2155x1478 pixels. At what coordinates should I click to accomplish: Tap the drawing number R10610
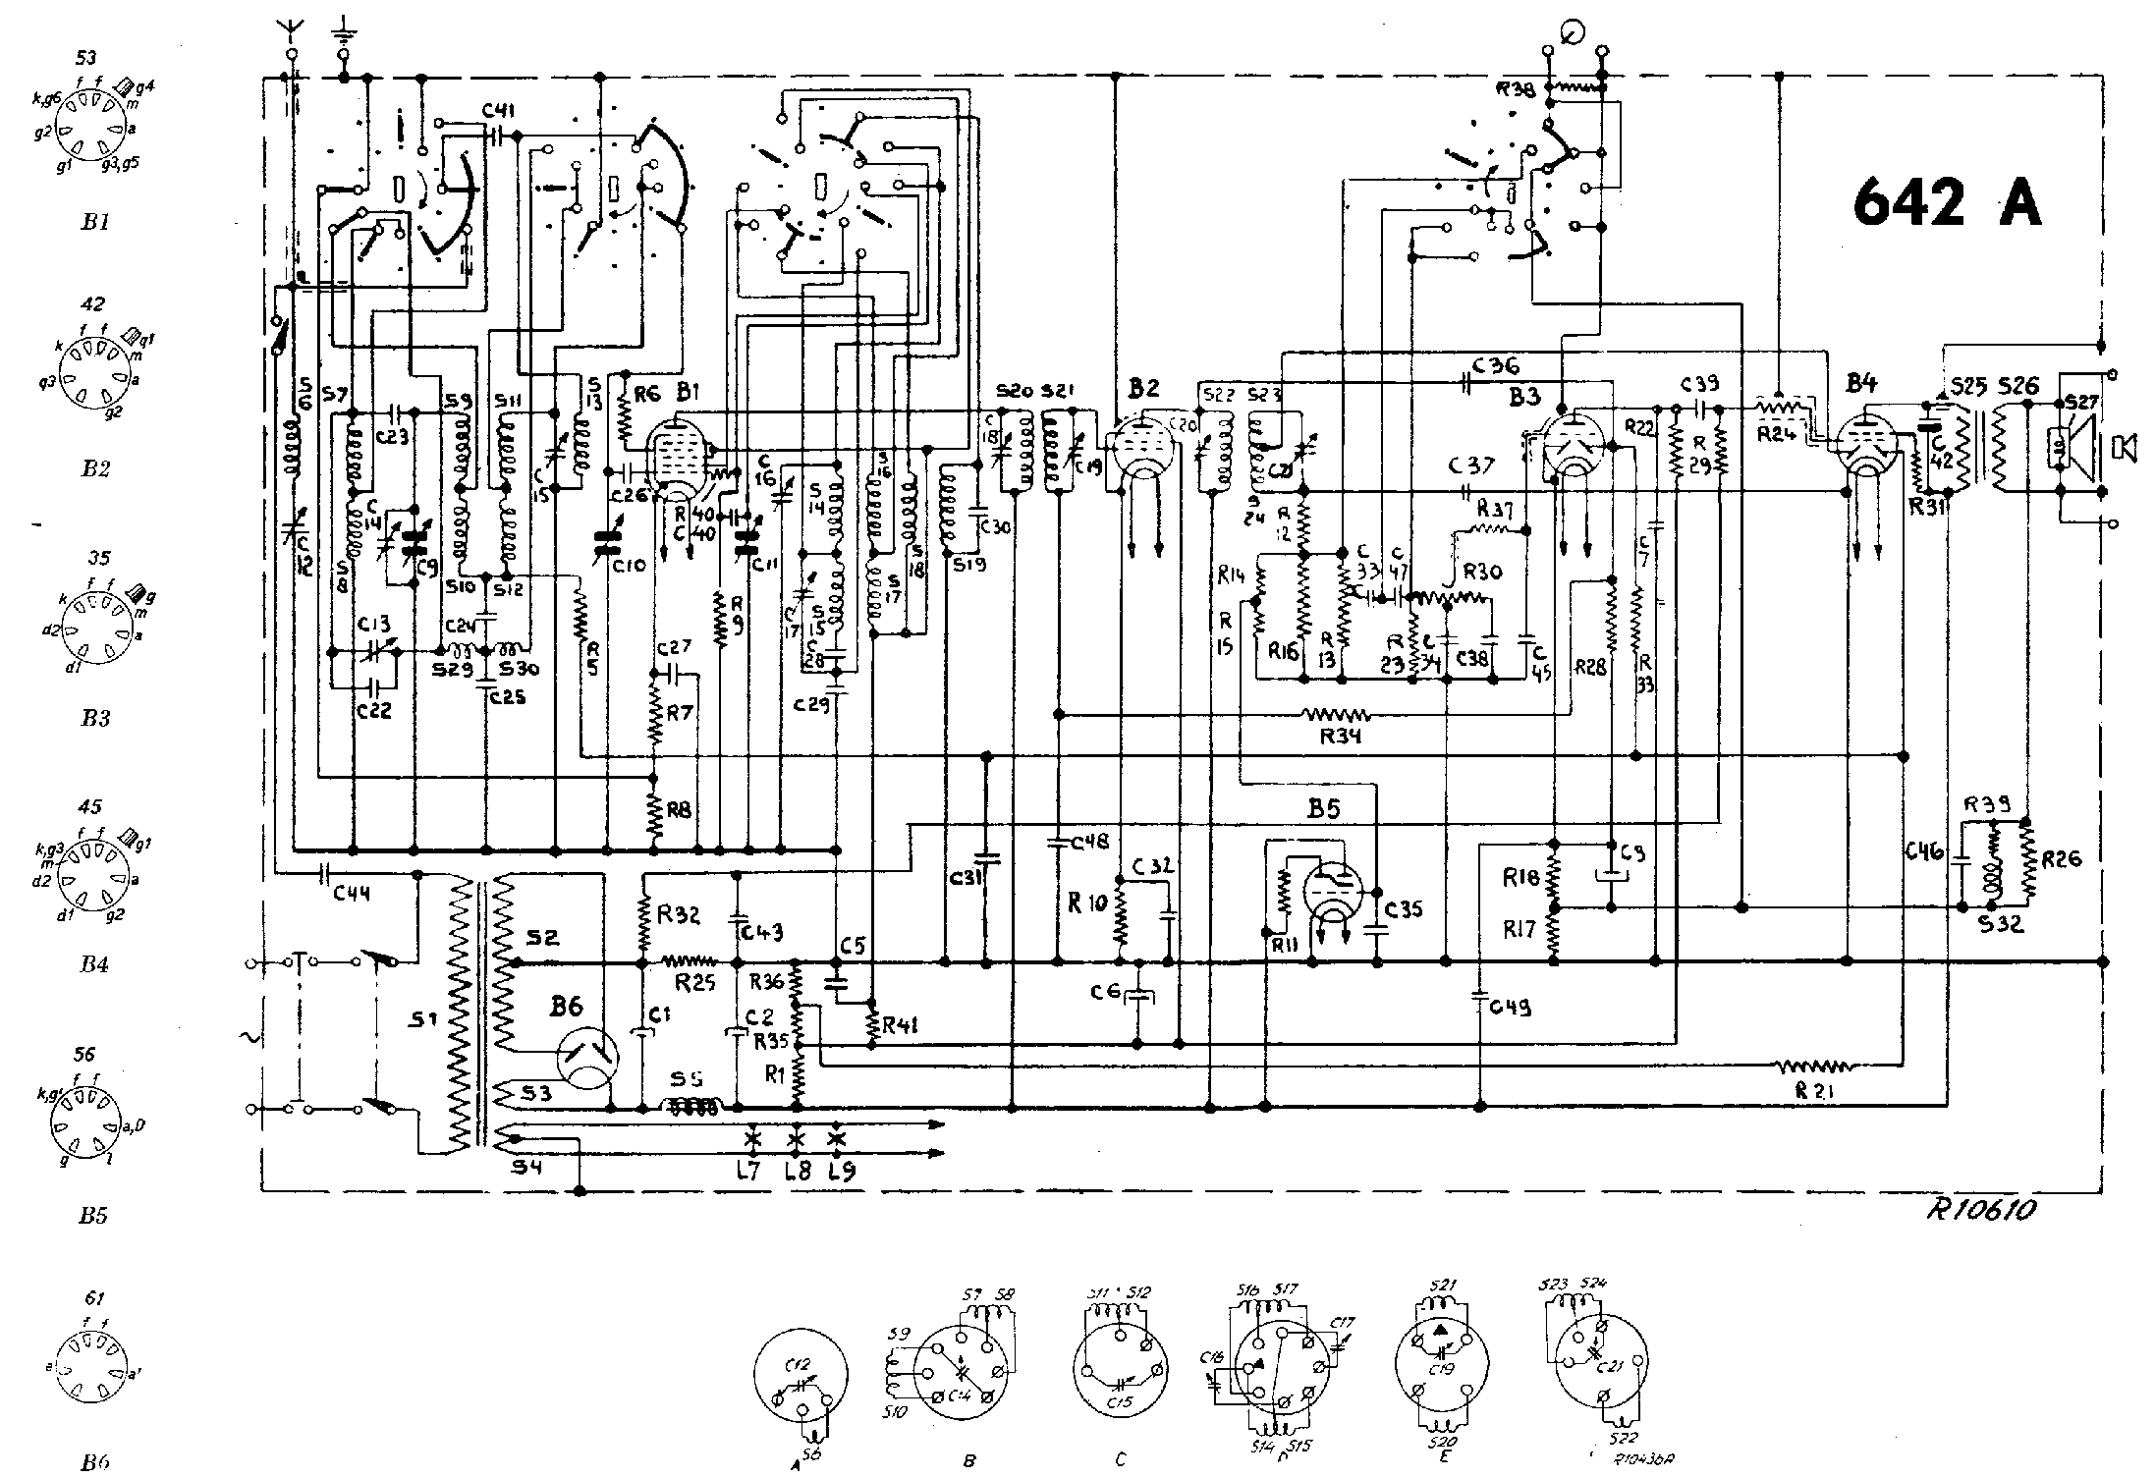1974,1209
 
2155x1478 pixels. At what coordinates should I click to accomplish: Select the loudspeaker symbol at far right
2124,447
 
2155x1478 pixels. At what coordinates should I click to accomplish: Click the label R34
1340,736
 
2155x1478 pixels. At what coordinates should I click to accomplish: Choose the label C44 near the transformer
351,894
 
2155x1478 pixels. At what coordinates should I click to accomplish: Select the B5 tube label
1323,810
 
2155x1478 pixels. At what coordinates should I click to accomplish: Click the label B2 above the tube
1144,389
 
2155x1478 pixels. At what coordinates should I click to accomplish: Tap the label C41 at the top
503,112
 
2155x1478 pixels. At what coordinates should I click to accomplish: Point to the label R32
678,914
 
